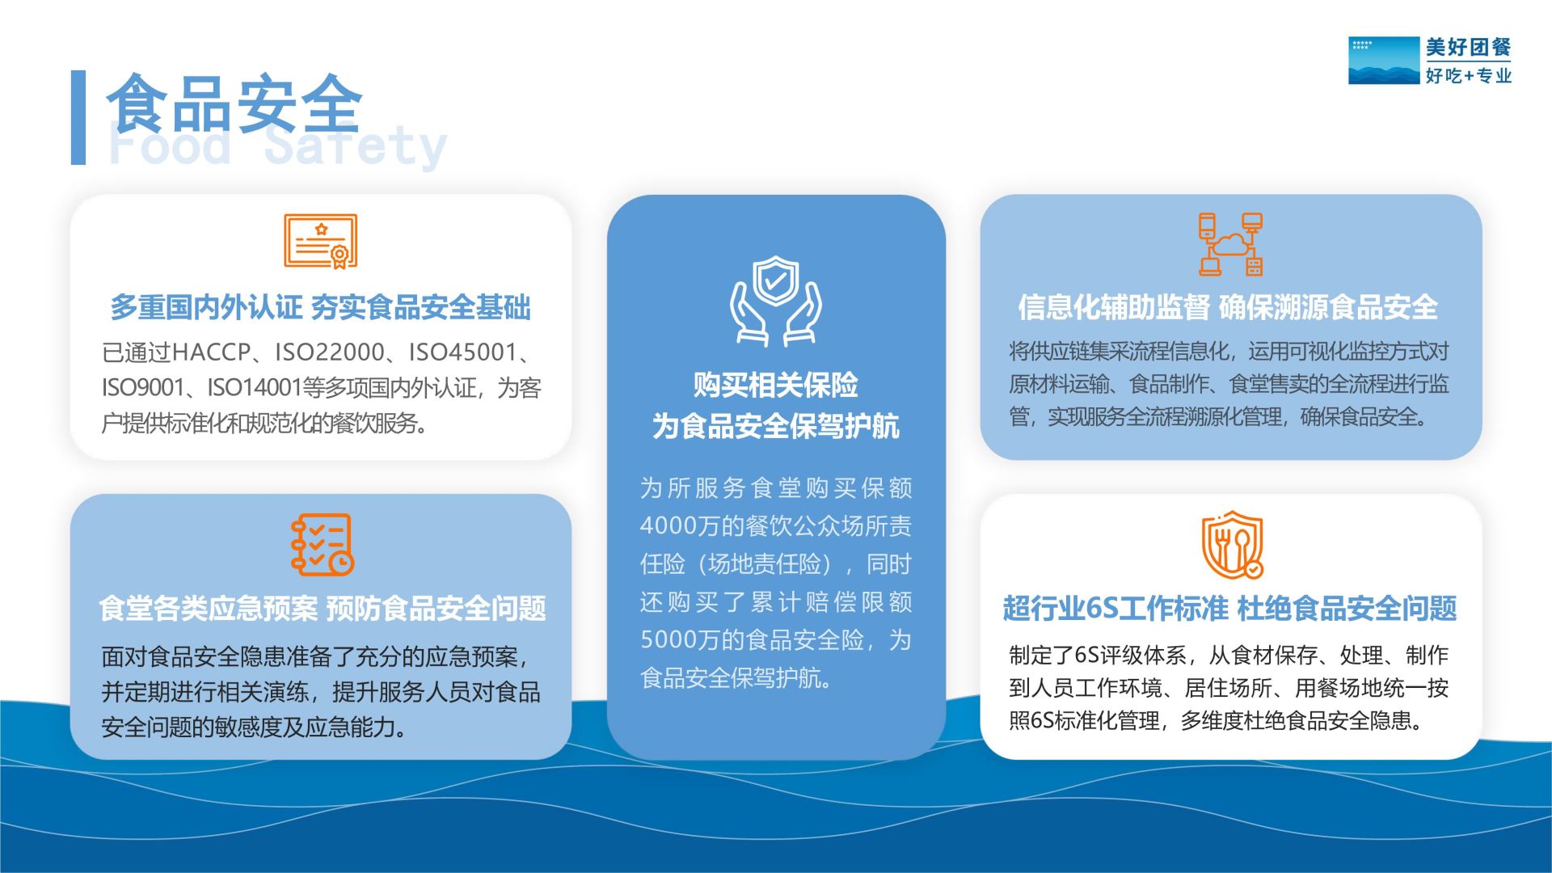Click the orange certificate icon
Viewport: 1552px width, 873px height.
point(320,241)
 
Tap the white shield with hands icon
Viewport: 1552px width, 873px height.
point(776,301)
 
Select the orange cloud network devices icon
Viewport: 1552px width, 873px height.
point(1230,244)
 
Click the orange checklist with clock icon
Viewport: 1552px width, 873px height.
point(322,545)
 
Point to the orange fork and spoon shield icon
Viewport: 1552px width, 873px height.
point(1232,545)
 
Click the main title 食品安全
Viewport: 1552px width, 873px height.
point(234,103)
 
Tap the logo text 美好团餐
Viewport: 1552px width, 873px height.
point(1468,48)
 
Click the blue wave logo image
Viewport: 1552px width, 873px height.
point(1384,61)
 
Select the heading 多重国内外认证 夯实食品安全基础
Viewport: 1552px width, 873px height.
point(320,308)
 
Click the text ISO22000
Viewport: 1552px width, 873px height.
point(329,352)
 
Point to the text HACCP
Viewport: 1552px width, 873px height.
point(212,352)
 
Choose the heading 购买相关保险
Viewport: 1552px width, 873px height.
point(776,386)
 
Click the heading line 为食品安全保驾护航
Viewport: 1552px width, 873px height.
point(776,426)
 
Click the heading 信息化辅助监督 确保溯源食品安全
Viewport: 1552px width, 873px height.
point(1228,307)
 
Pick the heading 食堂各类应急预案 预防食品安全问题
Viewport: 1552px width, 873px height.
point(322,609)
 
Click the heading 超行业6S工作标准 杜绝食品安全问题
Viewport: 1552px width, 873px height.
point(1229,609)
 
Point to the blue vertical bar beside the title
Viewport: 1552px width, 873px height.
point(78,118)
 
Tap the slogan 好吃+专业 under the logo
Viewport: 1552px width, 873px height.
point(1468,76)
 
